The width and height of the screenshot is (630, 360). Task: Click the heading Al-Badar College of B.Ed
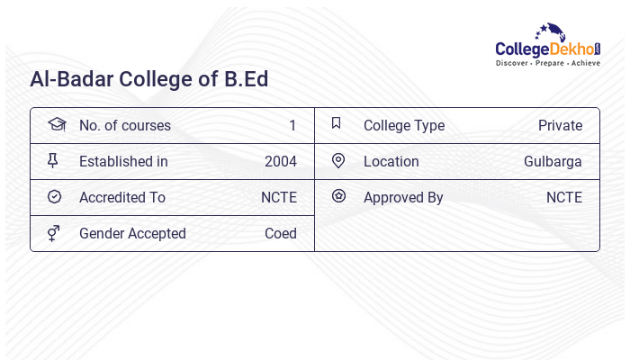pos(149,79)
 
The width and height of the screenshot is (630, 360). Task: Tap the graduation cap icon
pos(56,124)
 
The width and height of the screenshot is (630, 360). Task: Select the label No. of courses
pos(125,126)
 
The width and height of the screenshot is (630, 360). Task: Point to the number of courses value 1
pos(292,126)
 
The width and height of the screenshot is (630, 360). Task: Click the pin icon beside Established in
pos(53,161)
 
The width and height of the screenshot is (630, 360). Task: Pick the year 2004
pos(280,162)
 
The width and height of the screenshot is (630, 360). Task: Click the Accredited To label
pos(122,198)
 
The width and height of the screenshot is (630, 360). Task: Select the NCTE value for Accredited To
pos(278,198)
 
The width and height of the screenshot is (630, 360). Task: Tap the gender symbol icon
pos(53,233)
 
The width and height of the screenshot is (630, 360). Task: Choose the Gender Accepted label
pos(132,234)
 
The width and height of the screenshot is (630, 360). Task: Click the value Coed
pos(280,234)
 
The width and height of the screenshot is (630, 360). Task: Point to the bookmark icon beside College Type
pos(336,124)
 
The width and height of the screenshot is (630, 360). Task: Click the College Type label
pos(404,126)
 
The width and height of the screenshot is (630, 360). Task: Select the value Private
pos(560,126)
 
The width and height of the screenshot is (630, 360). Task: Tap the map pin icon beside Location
pos(338,161)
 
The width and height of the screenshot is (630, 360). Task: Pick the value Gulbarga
pos(553,162)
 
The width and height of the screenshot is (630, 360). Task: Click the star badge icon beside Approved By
pos(338,196)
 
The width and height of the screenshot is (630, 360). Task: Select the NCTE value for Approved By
pos(563,198)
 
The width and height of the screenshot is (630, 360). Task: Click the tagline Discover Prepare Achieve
pos(548,64)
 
